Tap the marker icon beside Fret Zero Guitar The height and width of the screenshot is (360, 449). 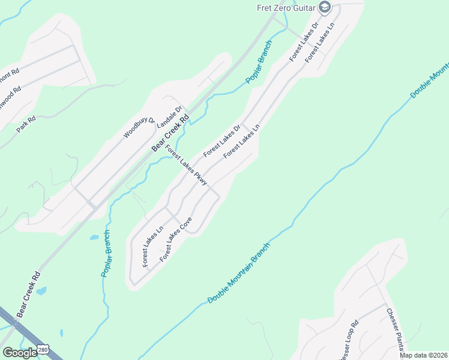[325, 7]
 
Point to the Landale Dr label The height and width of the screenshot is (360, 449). [169, 116]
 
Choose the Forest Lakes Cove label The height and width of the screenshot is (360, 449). [176, 239]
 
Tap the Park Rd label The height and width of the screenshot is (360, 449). [26, 124]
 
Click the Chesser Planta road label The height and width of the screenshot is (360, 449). [397, 329]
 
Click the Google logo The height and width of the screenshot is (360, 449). [19, 353]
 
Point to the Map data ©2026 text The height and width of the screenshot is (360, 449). [423, 355]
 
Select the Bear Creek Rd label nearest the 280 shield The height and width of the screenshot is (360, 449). [28, 294]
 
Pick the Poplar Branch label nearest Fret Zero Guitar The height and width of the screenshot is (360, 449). [259, 63]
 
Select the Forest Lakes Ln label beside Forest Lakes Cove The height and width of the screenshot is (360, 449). [153, 247]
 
